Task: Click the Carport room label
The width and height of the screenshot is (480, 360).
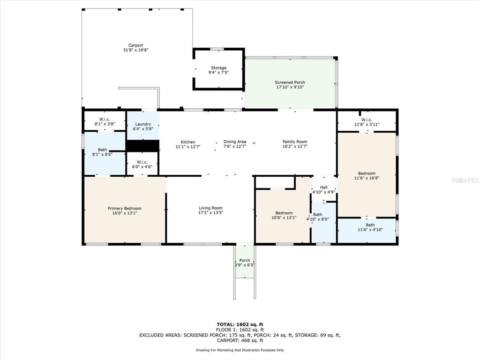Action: pyautogui.click(x=135, y=45)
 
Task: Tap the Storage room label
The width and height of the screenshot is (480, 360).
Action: pyautogui.click(x=218, y=67)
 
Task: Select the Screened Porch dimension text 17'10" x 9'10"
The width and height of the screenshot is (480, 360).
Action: pyautogui.click(x=290, y=87)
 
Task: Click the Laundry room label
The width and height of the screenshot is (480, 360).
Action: pyautogui.click(x=143, y=124)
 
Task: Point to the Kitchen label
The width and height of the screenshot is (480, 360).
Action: pyautogui.click(x=188, y=142)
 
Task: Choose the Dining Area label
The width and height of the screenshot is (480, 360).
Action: pyautogui.click(x=235, y=142)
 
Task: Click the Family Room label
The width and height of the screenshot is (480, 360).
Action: pyautogui.click(x=295, y=142)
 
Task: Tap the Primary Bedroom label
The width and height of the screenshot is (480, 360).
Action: pyautogui.click(x=125, y=209)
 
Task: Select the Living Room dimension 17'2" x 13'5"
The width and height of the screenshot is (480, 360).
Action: pyautogui.click(x=210, y=213)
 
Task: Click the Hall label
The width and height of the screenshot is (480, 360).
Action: pyautogui.click(x=324, y=187)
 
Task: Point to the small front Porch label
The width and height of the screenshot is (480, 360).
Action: pyautogui.click(x=245, y=261)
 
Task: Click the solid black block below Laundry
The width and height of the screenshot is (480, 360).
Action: pyautogui.click(x=143, y=146)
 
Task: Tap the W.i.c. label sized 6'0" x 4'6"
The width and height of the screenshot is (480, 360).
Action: pyautogui.click(x=142, y=162)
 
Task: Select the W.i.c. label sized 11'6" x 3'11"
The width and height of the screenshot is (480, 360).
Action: pyautogui.click(x=367, y=120)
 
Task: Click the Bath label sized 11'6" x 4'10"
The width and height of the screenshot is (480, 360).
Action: pyautogui.click(x=370, y=225)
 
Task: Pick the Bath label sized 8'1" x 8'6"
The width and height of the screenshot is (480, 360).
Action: pyautogui.click(x=103, y=150)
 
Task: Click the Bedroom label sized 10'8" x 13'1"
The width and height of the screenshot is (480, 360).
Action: pyautogui.click(x=284, y=213)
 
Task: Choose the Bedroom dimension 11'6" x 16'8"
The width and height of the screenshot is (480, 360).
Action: pyautogui.click(x=367, y=178)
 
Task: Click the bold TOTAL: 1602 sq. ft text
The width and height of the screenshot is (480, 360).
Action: pyautogui.click(x=240, y=324)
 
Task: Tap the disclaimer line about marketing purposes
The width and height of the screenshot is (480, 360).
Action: pyautogui.click(x=240, y=350)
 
